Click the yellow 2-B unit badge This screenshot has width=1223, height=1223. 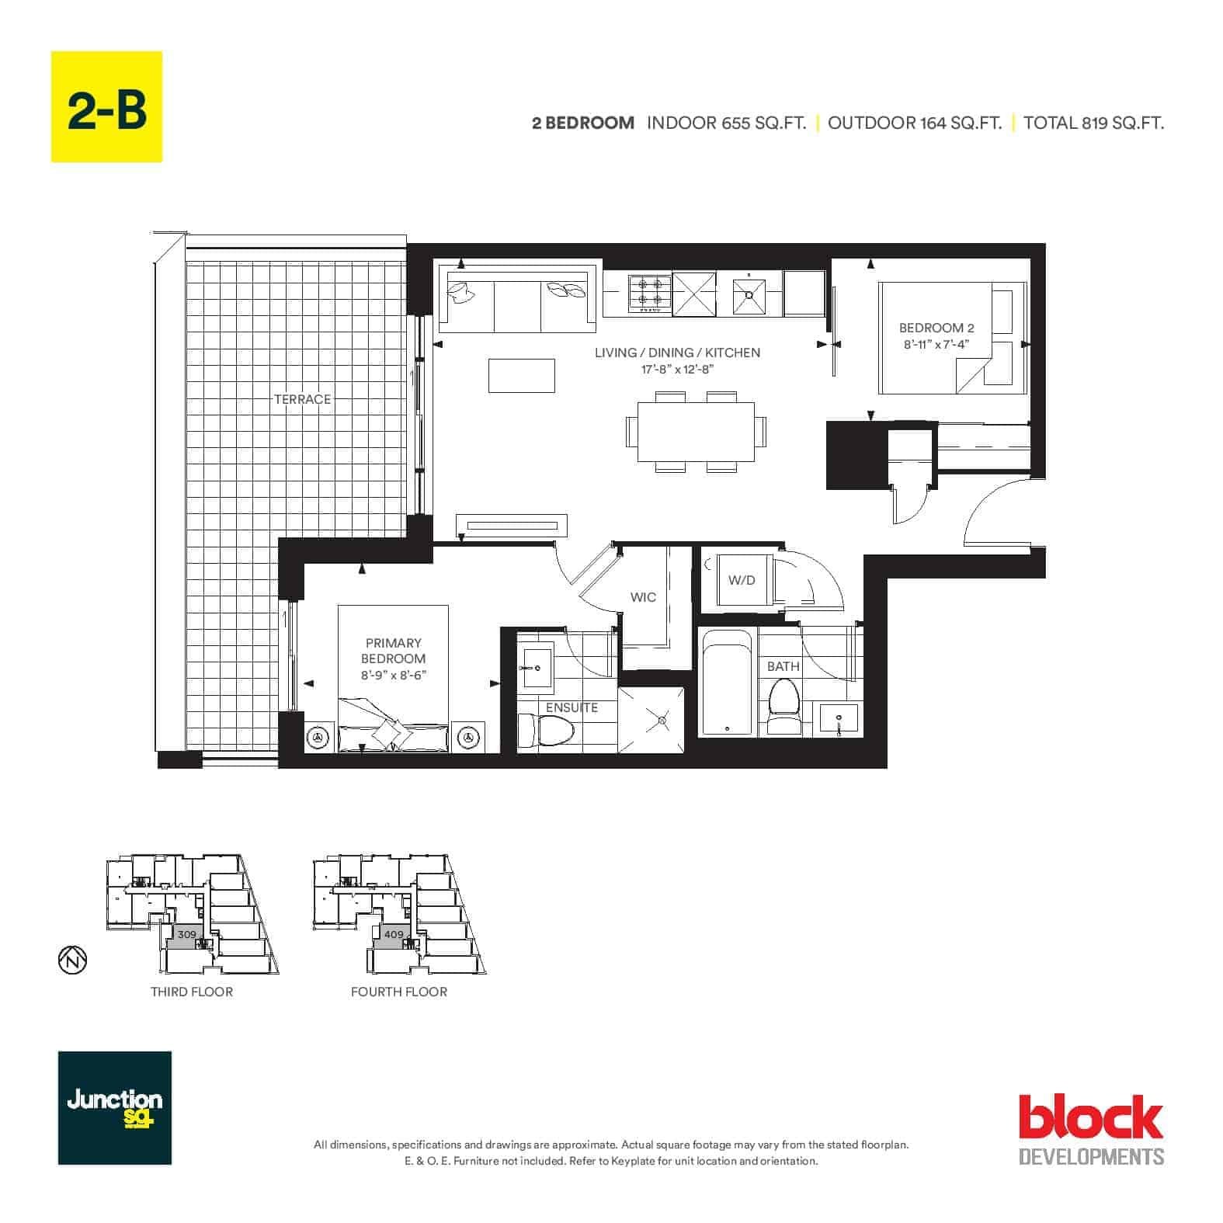106,106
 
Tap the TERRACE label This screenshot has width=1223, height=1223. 302,399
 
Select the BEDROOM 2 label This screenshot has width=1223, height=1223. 936,328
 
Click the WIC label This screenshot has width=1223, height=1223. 643,597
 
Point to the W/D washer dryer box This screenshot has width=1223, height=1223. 742,580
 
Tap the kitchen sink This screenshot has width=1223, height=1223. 749,294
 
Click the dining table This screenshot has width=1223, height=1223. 697,431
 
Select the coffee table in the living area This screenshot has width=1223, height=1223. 522,376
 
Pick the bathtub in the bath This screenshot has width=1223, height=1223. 726,682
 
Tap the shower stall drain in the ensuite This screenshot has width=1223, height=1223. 662,721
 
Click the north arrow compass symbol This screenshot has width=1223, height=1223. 72,961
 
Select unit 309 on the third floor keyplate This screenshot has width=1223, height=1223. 186,935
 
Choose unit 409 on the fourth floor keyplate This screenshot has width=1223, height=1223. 394,935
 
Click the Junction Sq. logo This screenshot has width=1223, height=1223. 115,1107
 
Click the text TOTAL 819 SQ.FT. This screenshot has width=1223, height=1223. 1093,123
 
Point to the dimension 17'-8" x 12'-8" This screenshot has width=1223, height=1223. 677,370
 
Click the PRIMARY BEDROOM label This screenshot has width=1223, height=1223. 394,651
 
